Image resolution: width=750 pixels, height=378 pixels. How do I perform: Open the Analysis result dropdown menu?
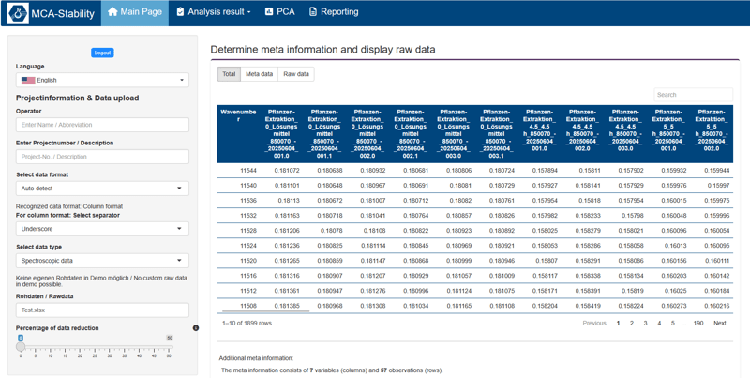coord(214,12)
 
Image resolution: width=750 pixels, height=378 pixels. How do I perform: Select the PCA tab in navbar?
coord(279,12)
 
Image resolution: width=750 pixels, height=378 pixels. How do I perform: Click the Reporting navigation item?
coord(334,12)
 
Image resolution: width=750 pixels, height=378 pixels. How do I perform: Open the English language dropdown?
coord(102,81)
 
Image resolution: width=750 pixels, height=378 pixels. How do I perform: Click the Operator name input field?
coord(102,125)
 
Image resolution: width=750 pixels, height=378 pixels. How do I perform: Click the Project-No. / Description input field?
coord(102,157)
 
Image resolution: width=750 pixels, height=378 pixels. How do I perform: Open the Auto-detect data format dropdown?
coord(102,189)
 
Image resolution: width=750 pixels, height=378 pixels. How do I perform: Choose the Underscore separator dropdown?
coord(102,229)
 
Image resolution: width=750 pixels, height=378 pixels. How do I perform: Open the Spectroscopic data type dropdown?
coord(102,261)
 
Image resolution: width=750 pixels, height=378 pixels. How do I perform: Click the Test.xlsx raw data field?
coord(102,310)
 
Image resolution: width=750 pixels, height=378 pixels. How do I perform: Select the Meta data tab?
coord(259,74)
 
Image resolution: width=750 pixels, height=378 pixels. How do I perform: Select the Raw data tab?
coord(295,74)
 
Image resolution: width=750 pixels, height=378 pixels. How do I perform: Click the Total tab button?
coord(229,74)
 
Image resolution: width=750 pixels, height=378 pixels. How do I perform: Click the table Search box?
coord(692,95)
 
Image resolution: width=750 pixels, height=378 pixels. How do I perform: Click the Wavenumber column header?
coord(238,116)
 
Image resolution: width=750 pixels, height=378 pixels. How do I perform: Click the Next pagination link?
coord(719,323)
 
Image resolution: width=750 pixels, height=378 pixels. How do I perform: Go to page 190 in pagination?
coord(698,323)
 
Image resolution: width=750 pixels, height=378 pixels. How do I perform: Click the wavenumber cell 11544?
coord(247,171)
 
